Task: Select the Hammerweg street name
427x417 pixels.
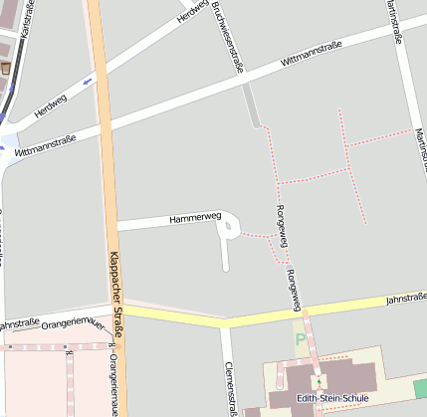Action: coord(195,217)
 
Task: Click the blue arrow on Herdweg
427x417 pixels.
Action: coord(89,80)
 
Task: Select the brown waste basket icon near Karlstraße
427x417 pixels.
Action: coord(6,68)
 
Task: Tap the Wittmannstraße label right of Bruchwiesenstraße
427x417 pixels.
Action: coord(312,61)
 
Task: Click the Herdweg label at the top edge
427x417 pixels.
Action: coord(192,11)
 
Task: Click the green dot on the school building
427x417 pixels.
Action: coord(319,382)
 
